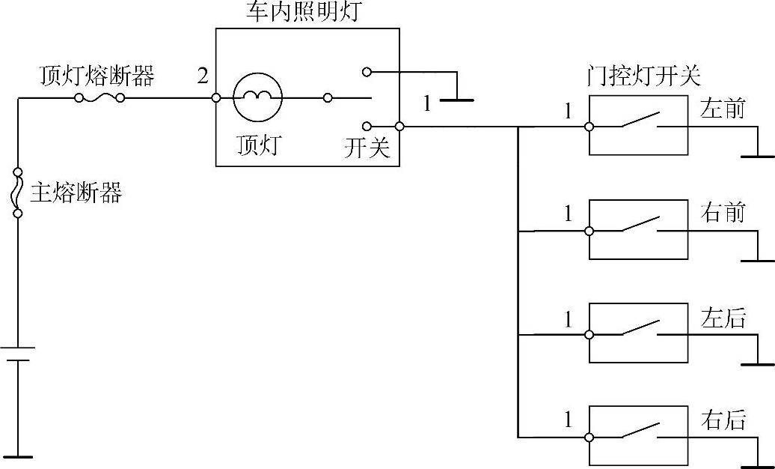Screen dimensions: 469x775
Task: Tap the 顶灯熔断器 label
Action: (97, 76)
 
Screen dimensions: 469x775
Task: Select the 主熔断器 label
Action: (76, 193)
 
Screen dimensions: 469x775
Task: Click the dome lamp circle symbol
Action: (257, 97)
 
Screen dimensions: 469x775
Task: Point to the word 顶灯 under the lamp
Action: (257, 144)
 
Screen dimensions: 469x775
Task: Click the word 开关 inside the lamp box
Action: (367, 148)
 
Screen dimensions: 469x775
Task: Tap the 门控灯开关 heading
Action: (644, 76)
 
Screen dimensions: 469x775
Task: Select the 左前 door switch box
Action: (638, 126)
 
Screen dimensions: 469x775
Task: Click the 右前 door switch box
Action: (638, 230)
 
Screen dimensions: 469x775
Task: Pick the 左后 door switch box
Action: (638, 333)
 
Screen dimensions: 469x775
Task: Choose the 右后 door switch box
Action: (638, 436)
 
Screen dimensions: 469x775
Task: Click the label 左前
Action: (723, 109)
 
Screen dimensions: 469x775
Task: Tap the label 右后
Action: (723, 420)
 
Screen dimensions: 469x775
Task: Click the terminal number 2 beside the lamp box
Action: (203, 76)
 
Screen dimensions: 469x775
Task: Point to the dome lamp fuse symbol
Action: (99, 98)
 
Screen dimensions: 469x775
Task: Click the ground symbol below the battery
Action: (18, 455)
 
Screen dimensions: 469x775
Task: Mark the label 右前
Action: (723, 213)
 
